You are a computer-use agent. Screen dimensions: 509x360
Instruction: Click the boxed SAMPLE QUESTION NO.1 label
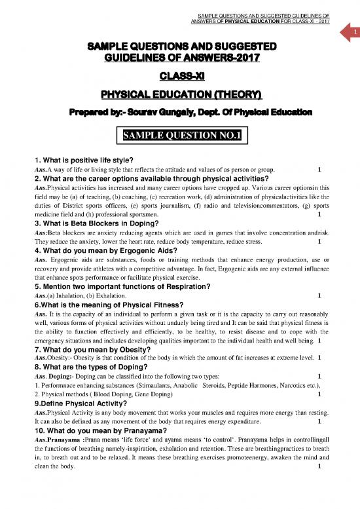click(179, 136)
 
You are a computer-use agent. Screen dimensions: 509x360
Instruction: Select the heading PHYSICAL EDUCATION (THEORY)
click(179, 95)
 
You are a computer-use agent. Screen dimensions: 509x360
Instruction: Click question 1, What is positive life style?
click(79, 161)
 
